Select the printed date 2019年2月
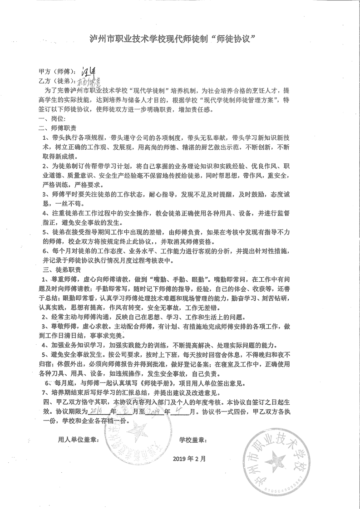189,458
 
